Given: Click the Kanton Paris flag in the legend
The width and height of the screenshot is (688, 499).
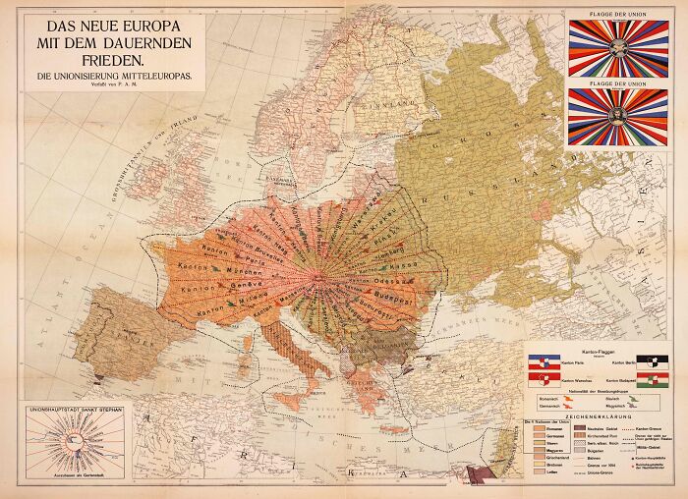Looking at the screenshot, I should [x=544, y=362].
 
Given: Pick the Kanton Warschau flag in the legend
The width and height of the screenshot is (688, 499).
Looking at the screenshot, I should [x=544, y=380].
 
